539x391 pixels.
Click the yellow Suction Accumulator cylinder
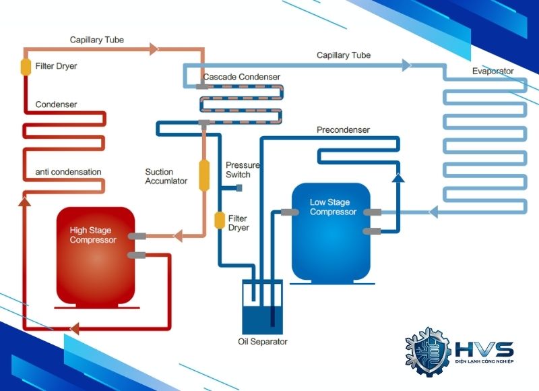(x=203, y=175)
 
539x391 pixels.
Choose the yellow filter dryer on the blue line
(x=219, y=220)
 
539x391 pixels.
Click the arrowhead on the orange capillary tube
(x=154, y=49)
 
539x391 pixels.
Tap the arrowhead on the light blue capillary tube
(x=406, y=65)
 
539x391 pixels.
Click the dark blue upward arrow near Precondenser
(x=398, y=177)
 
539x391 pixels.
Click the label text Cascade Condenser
(x=241, y=77)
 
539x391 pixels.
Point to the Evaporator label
(x=493, y=71)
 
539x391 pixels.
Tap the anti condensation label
(x=68, y=172)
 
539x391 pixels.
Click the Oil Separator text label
(x=263, y=342)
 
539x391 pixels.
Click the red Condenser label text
(x=56, y=104)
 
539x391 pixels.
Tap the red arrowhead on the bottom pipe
(x=74, y=329)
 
